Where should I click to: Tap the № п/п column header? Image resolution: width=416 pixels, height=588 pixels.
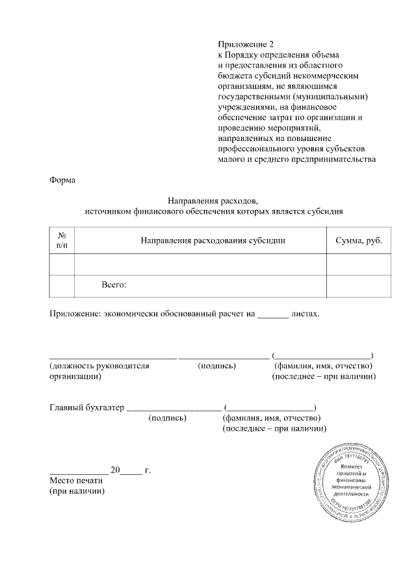pos(62,240)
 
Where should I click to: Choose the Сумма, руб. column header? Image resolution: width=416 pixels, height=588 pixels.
pos(358,240)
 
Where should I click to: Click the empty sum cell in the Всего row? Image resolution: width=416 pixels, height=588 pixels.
pos(358,285)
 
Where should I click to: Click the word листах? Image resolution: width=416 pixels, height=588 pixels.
pos(305,314)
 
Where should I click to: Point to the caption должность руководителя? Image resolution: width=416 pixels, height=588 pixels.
pos(99,366)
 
